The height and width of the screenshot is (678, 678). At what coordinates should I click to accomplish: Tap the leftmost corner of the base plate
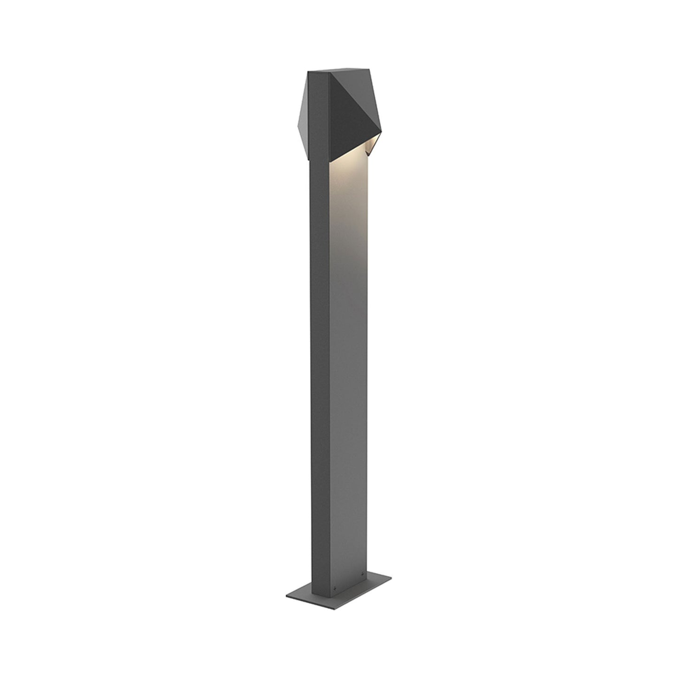click(x=286, y=584)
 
